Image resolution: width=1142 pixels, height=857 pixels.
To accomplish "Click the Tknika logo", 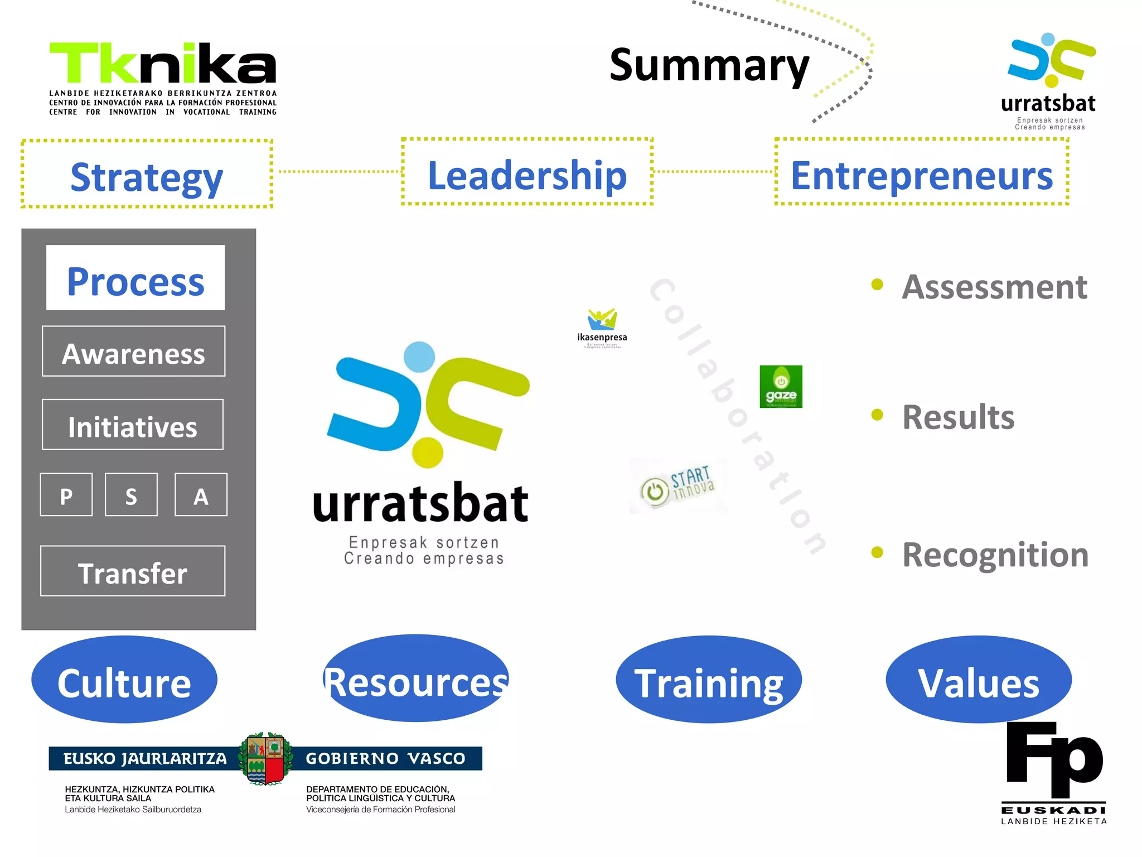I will tap(163, 78).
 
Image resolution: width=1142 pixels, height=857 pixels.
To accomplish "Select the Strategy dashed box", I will tap(147, 174).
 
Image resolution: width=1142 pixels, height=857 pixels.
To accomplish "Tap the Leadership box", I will tap(527, 172).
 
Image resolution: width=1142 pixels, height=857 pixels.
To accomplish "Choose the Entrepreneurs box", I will tap(921, 172).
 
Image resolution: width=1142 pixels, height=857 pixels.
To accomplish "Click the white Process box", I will tap(136, 278).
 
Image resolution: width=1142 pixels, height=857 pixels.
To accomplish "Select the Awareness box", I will tap(134, 352).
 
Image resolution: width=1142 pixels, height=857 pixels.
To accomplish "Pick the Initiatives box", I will tap(133, 425).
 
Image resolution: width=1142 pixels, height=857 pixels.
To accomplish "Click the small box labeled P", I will tap(66, 495).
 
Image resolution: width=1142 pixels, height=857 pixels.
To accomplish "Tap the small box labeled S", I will tap(131, 495).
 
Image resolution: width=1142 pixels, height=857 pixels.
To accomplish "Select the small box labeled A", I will tap(201, 495).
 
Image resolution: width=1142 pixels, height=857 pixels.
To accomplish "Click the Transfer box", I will tap(133, 571).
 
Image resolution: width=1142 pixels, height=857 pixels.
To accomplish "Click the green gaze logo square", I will tap(781, 387).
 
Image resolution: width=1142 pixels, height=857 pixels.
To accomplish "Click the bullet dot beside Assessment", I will tap(877, 285).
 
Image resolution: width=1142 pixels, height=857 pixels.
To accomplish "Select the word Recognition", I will tap(995, 555).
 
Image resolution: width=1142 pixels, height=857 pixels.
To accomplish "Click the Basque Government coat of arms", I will tap(266, 759).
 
